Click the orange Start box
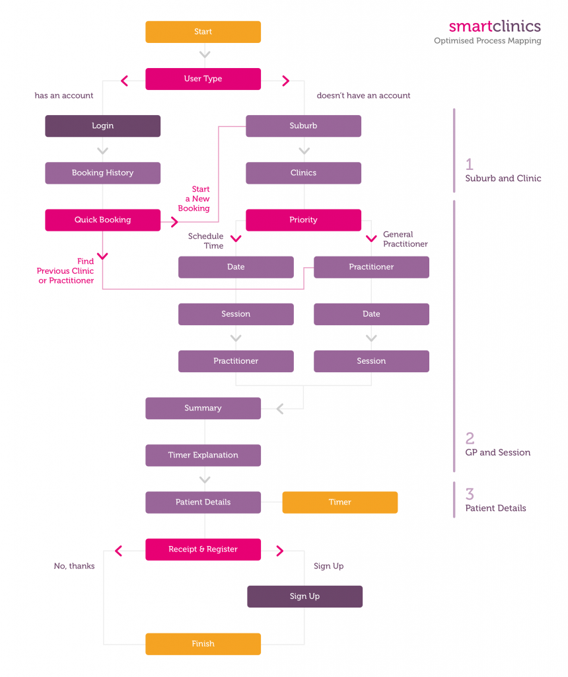click(203, 32)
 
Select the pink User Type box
click(203, 79)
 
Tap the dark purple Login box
click(102, 126)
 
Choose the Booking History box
click(102, 173)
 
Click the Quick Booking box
click(102, 220)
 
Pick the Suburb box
click(303, 126)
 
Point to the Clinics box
click(303, 173)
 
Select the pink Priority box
click(303, 220)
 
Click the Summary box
click(203, 408)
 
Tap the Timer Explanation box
click(203, 455)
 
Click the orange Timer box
click(339, 502)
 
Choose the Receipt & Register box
click(203, 549)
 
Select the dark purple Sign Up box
click(304, 596)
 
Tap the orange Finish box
click(203, 643)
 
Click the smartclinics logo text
click(494, 26)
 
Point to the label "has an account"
click(64, 95)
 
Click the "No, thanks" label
click(74, 566)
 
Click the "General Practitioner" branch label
click(405, 239)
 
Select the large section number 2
click(470, 438)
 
